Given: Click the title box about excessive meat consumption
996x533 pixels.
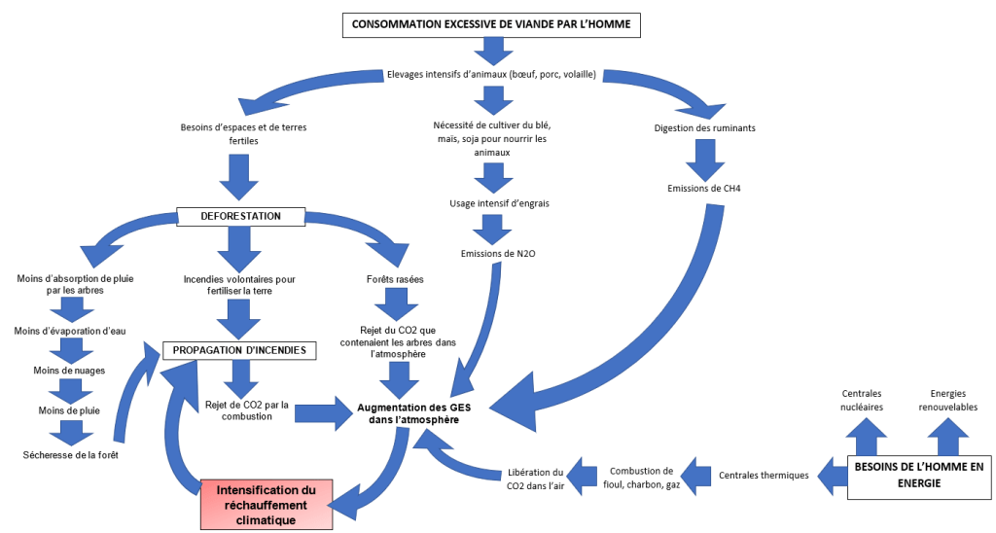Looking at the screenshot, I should point(491,24).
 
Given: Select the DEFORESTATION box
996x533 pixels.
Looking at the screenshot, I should point(241,216).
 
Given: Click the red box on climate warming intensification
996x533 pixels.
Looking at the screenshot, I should point(267,504).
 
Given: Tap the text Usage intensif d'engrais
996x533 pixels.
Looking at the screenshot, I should point(492,203).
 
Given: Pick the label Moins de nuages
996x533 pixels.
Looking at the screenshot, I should point(70,370).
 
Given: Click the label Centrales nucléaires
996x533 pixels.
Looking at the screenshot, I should point(862,401).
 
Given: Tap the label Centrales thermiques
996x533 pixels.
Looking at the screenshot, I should point(764,476).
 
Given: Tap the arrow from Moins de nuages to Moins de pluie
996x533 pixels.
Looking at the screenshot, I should point(70,391).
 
